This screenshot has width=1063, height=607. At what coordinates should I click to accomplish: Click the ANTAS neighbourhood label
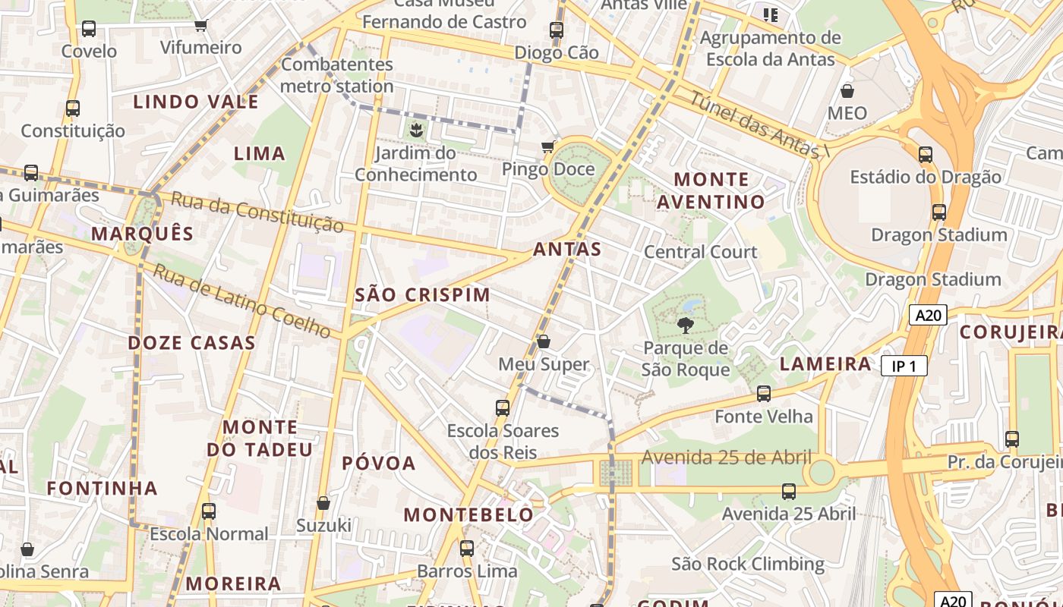click(x=567, y=249)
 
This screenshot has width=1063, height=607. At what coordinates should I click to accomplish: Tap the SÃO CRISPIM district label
click(x=422, y=294)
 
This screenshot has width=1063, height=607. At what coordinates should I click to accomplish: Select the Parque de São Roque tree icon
click(x=685, y=326)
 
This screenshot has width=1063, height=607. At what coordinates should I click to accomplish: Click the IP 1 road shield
click(x=904, y=366)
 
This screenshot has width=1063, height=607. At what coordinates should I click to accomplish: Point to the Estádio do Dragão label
click(x=925, y=177)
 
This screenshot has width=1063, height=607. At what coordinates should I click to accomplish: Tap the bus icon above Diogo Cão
click(x=557, y=30)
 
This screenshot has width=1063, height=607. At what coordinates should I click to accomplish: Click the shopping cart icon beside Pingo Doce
click(x=547, y=146)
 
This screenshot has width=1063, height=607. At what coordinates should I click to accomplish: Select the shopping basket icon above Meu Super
click(x=544, y=342)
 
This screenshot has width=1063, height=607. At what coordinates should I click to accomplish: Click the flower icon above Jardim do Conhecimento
click(x=415, y=131)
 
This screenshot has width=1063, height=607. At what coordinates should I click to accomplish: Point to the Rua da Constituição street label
click(x=257, y=212)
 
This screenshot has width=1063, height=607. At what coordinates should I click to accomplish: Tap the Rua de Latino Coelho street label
click(x=241, y=300)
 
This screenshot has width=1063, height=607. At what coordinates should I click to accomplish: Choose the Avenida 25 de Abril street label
click(x=727, y=458)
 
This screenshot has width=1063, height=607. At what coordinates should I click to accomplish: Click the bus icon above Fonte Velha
click(x=764, y=394)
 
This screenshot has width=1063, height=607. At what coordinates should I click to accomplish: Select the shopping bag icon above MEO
click(x=847, y=91)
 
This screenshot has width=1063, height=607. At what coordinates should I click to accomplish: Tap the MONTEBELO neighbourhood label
click(x=468, y=514)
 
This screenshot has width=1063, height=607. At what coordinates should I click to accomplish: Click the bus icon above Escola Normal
click(x=209, y=511)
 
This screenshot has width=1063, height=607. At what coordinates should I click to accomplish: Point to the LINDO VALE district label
click(x=196, y=102)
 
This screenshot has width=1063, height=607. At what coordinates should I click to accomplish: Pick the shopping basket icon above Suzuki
click(x=323, y=503)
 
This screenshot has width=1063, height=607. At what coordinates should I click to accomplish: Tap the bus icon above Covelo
click(x=89, y=29)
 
